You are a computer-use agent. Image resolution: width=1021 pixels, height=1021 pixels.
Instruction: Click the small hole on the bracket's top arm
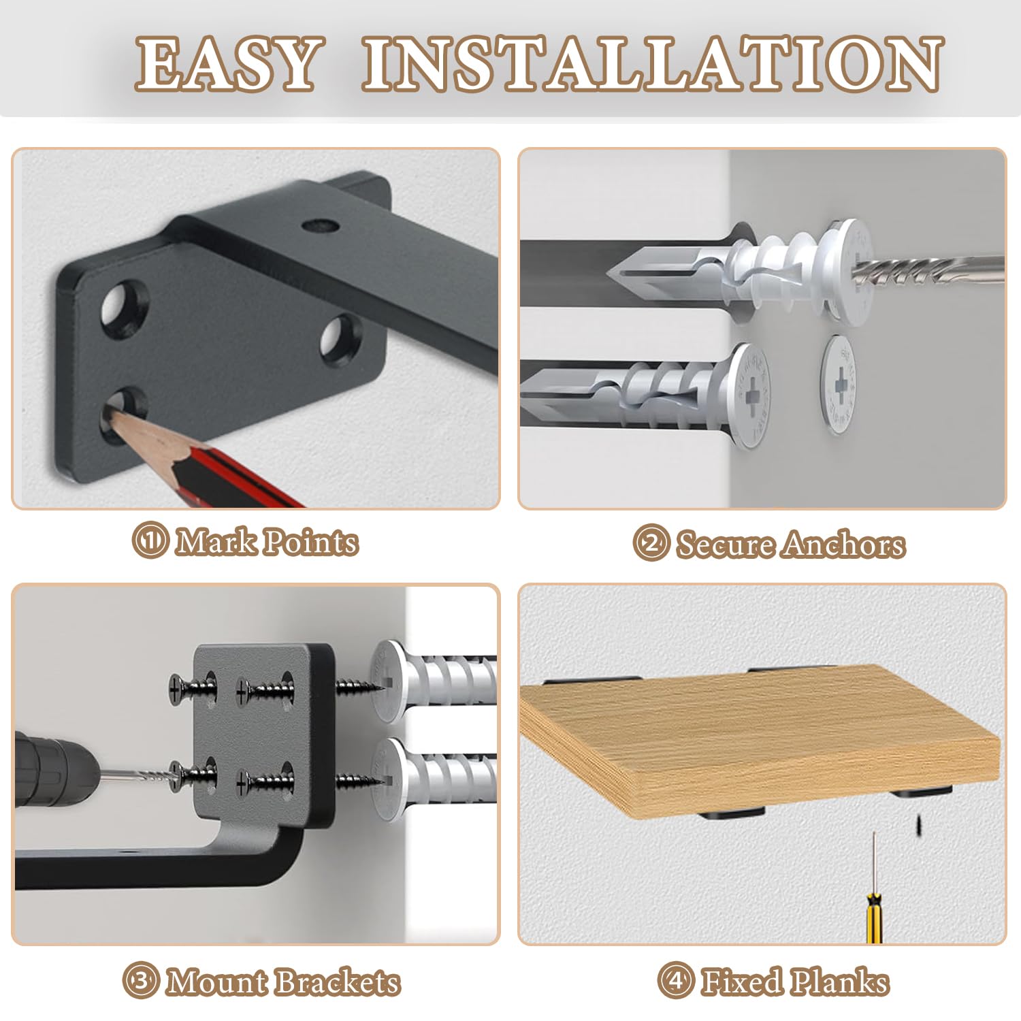[x=318, y=224]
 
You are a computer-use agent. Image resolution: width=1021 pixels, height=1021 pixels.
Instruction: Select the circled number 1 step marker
[x=150, y=542]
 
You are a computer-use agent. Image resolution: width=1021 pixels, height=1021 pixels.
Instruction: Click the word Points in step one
[x=310, y=542]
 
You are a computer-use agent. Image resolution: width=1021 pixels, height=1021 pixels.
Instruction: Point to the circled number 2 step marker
[x=651, y=544]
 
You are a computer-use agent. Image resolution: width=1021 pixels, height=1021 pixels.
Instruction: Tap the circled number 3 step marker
[x=141, y=981]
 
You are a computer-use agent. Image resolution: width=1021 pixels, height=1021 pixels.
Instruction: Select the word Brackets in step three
[x=338, y=982]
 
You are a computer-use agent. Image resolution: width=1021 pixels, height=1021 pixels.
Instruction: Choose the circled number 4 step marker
[x=676, y=981]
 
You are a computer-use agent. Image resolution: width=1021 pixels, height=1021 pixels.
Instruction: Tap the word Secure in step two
[x=726, y=545]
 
